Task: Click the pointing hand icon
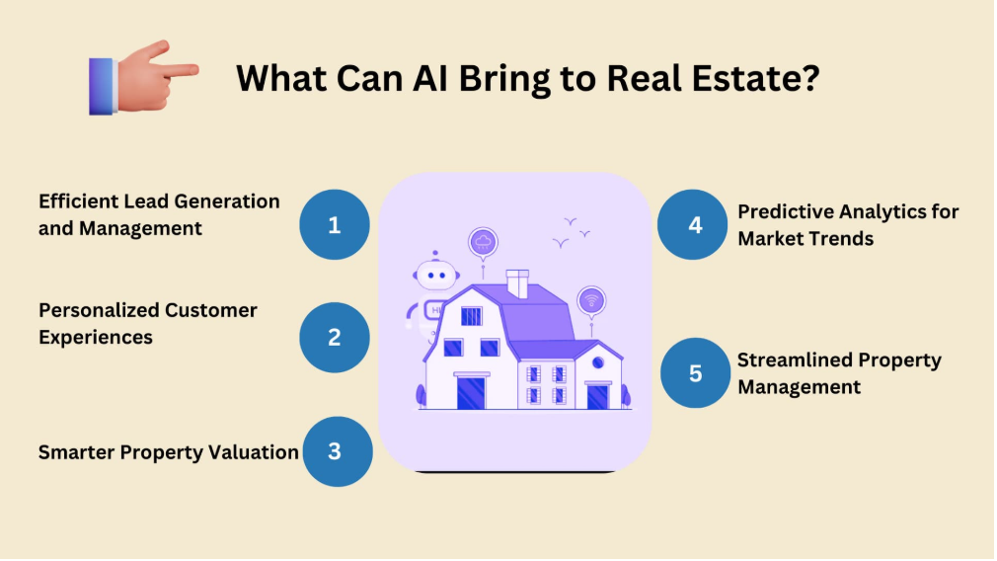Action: (x=144, y=78)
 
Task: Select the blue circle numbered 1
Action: (x=335, y=224)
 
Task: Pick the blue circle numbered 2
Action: (x=335, y=337)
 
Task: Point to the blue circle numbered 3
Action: (x=337, y=451)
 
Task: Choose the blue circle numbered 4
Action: (x=692, y=224)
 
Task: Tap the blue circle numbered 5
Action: (x=695, y=372)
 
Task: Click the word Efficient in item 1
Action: (x=78, y=201)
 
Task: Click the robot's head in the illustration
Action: (x=435, y=275)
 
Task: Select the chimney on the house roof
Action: (x=517, y=283)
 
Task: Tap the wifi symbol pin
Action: (x=591, y=301)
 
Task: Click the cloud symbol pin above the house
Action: (x=484, y=242)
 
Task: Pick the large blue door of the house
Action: (x=471, y=392)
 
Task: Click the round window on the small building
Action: (x=597, y=362)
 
